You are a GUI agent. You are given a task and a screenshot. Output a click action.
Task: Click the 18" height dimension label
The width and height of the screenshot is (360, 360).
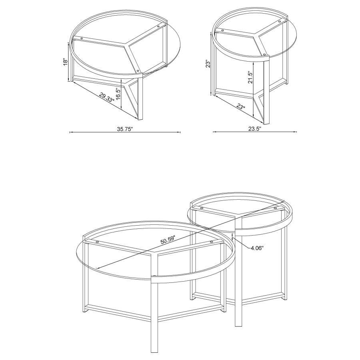[x=66, y=62]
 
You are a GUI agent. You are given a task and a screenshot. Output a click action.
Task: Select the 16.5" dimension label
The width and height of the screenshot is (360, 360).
[x=118, y=96]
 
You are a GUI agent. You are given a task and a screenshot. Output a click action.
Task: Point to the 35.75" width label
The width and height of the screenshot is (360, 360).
[x=125, y=129]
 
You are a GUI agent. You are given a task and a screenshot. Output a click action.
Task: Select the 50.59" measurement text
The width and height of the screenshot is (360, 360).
[x=168, y=241]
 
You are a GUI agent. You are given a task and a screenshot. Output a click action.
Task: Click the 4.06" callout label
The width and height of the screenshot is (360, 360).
[x=257, y=248]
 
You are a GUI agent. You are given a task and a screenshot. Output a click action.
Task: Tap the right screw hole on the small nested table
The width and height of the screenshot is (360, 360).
[x=276, y=208]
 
